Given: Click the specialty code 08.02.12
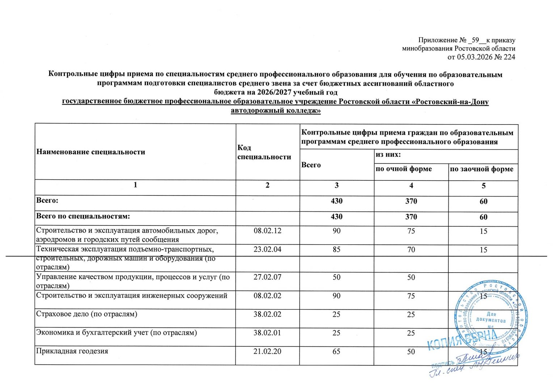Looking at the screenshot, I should [267, 231].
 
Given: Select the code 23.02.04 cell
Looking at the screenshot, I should [267, 249].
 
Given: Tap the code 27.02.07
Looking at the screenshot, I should [267, 277].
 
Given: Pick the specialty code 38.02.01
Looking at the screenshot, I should [267, 333].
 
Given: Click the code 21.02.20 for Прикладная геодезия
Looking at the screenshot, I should [267, 351].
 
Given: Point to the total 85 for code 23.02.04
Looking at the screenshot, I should [337, 249].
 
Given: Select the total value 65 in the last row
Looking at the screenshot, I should [337, 351].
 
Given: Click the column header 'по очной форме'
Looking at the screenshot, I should [404, 169].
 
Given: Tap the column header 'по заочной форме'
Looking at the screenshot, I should [481, 169].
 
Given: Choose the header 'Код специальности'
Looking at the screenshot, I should [264, 152].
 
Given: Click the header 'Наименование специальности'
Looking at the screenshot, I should [90, 152].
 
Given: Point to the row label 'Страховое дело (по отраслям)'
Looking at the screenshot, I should [87, 314].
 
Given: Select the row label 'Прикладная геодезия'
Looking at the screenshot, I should [72, 351].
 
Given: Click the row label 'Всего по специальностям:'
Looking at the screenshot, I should [83, 216].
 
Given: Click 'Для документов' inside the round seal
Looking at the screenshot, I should [491, 317].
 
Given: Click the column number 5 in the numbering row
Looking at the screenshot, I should [484, 186].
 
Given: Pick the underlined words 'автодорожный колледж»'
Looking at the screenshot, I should [276, 110].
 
